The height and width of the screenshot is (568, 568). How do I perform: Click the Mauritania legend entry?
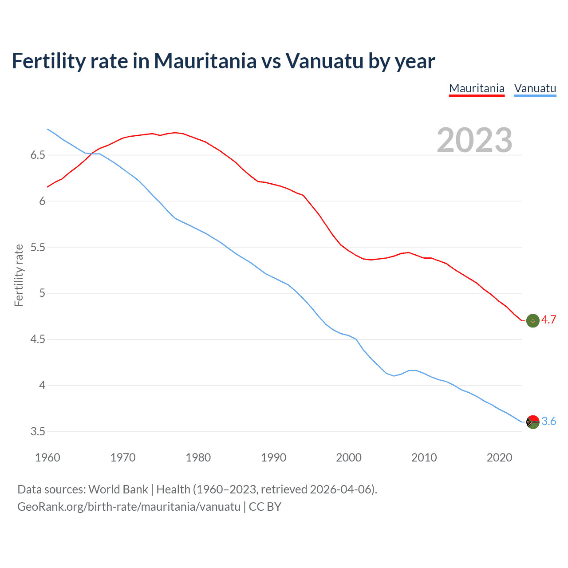477,88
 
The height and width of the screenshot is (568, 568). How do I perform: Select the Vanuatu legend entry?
535,88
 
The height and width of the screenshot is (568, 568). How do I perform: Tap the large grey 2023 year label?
474,140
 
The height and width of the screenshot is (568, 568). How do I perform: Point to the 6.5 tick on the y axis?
38,155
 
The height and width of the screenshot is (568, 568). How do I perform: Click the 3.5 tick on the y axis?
38,432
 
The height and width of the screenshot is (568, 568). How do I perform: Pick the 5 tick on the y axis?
42,293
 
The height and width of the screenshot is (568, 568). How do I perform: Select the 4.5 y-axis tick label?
38,339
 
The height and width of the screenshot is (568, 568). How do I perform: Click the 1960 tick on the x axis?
47,458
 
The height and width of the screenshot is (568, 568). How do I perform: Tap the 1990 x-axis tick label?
273,458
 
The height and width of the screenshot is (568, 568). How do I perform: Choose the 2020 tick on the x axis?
499,458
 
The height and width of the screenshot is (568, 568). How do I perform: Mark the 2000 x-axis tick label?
349,458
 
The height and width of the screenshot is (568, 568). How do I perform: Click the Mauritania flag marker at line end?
532,320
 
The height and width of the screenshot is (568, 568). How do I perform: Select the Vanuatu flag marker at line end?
532,422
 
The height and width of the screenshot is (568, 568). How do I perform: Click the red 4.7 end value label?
548,320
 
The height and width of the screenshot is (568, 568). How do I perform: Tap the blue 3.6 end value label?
548,422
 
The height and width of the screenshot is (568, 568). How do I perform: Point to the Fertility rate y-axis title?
19,275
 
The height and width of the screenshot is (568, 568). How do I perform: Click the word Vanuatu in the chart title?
324,61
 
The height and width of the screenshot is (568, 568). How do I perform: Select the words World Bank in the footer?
118,489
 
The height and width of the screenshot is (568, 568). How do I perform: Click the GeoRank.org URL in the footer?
129,507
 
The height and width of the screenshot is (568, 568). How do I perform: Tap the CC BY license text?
265,507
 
